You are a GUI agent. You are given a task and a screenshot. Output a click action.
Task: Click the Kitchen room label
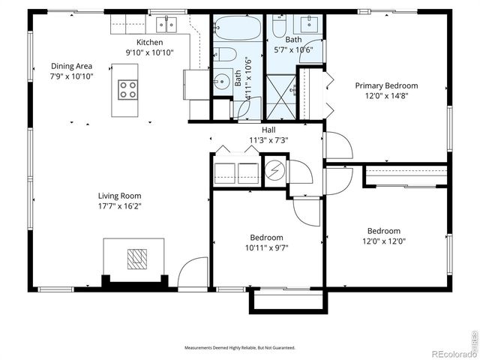pyautogui.click(x=149, y=42)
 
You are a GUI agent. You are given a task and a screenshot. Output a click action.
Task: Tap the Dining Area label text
pyautogui.click(x=72, y=66)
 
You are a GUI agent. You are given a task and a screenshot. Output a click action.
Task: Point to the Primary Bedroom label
pyautogui.click(x=386, y=85)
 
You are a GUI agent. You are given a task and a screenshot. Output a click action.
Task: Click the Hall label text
pyautogui.click(x=268, y=130)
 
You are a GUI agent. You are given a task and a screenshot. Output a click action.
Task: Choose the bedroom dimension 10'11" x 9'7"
pyautogui.click(x=266, y=247)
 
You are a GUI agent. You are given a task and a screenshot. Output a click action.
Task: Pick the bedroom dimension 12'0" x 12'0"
pyautogui.click(x=383, y=241)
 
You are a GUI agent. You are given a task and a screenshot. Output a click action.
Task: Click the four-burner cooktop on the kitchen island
pyautogui.click(x=127, y=90)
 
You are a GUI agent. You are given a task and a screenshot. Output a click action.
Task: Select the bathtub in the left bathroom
pyautogui.click(x=237, y=29)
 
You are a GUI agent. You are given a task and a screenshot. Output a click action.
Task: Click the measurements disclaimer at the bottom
pyautogui.click(x=240, y=348)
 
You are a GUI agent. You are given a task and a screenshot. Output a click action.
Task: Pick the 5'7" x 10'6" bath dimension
pyautogui.click(x=294, y=49)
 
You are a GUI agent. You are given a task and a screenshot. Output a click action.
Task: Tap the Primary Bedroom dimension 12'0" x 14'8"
pyautogui.click(x=386, y=96)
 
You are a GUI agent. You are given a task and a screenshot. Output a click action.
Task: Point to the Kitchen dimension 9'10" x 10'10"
pyautogui.click(x=149, y=52)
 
